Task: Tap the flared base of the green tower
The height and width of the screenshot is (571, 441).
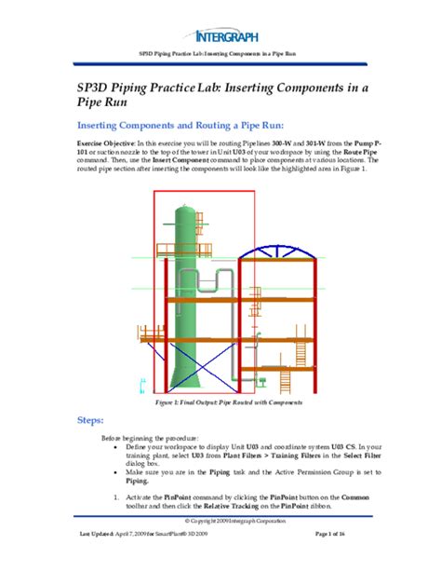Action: pos(182,377)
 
